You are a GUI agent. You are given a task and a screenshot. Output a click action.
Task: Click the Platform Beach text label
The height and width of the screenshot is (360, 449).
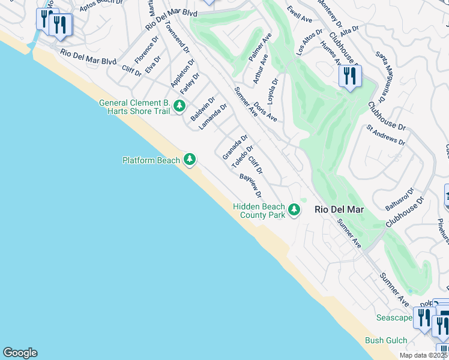[151, 160]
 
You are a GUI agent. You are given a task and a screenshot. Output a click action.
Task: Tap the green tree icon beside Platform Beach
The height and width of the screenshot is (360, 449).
[190, 159]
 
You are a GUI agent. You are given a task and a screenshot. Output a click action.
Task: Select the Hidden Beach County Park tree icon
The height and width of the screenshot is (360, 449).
[294, 210]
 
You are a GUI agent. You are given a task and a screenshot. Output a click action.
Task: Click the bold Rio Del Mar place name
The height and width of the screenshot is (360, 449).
[338, 209]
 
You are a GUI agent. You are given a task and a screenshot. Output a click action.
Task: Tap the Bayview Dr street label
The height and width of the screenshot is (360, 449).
[251, 186]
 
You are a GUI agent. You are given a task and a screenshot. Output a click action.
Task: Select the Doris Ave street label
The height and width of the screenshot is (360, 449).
[265, 111]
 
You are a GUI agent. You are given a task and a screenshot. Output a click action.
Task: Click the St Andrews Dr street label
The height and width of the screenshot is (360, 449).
[386, 135]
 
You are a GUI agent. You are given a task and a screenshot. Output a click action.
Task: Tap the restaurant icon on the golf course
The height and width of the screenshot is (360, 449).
[349, 76]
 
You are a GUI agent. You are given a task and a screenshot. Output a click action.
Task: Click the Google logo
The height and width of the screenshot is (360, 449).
[20, 352]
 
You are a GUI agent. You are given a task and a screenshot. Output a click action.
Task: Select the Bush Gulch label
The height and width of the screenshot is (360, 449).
[385, 340]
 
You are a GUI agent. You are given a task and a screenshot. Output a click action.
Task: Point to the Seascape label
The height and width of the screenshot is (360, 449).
[394, 317]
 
